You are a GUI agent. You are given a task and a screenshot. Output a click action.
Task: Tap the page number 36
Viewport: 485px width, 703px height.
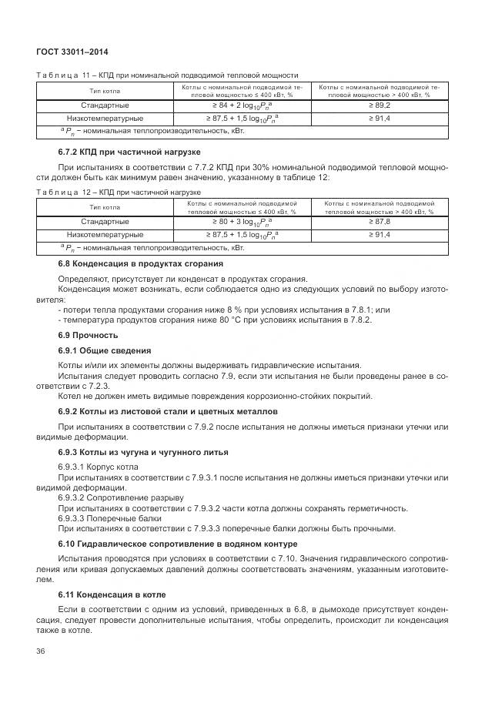40,651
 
